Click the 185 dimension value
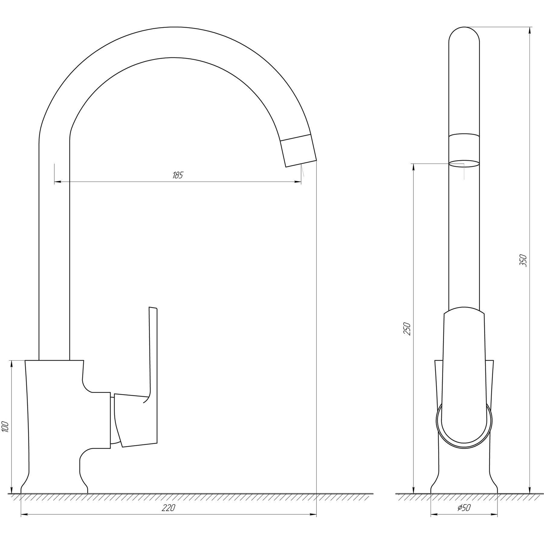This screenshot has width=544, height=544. pyautogui.click(x=178, y=176)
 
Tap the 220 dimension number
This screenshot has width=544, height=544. pyautogui.click(x=168, y=508)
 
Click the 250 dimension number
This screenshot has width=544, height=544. pyautogui.click(x=407, y=329)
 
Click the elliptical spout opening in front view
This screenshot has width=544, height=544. pyautogui.click(x=464, y=164)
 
